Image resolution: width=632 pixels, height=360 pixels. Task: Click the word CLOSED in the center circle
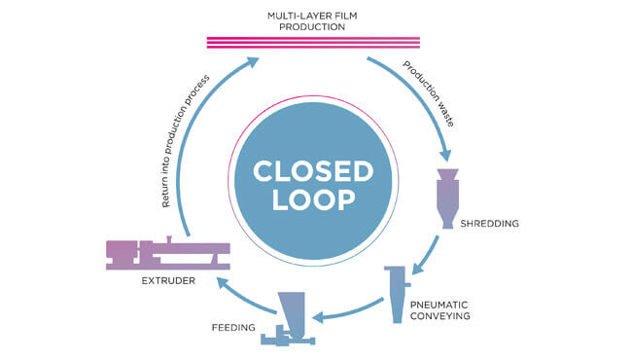click(x=313, y=171)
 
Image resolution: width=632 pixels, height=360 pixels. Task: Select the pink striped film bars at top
click(x=314, y=42)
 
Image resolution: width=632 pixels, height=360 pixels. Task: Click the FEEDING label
click(x=233, y=328)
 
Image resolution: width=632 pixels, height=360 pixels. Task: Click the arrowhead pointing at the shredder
click(x=446, y=153)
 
